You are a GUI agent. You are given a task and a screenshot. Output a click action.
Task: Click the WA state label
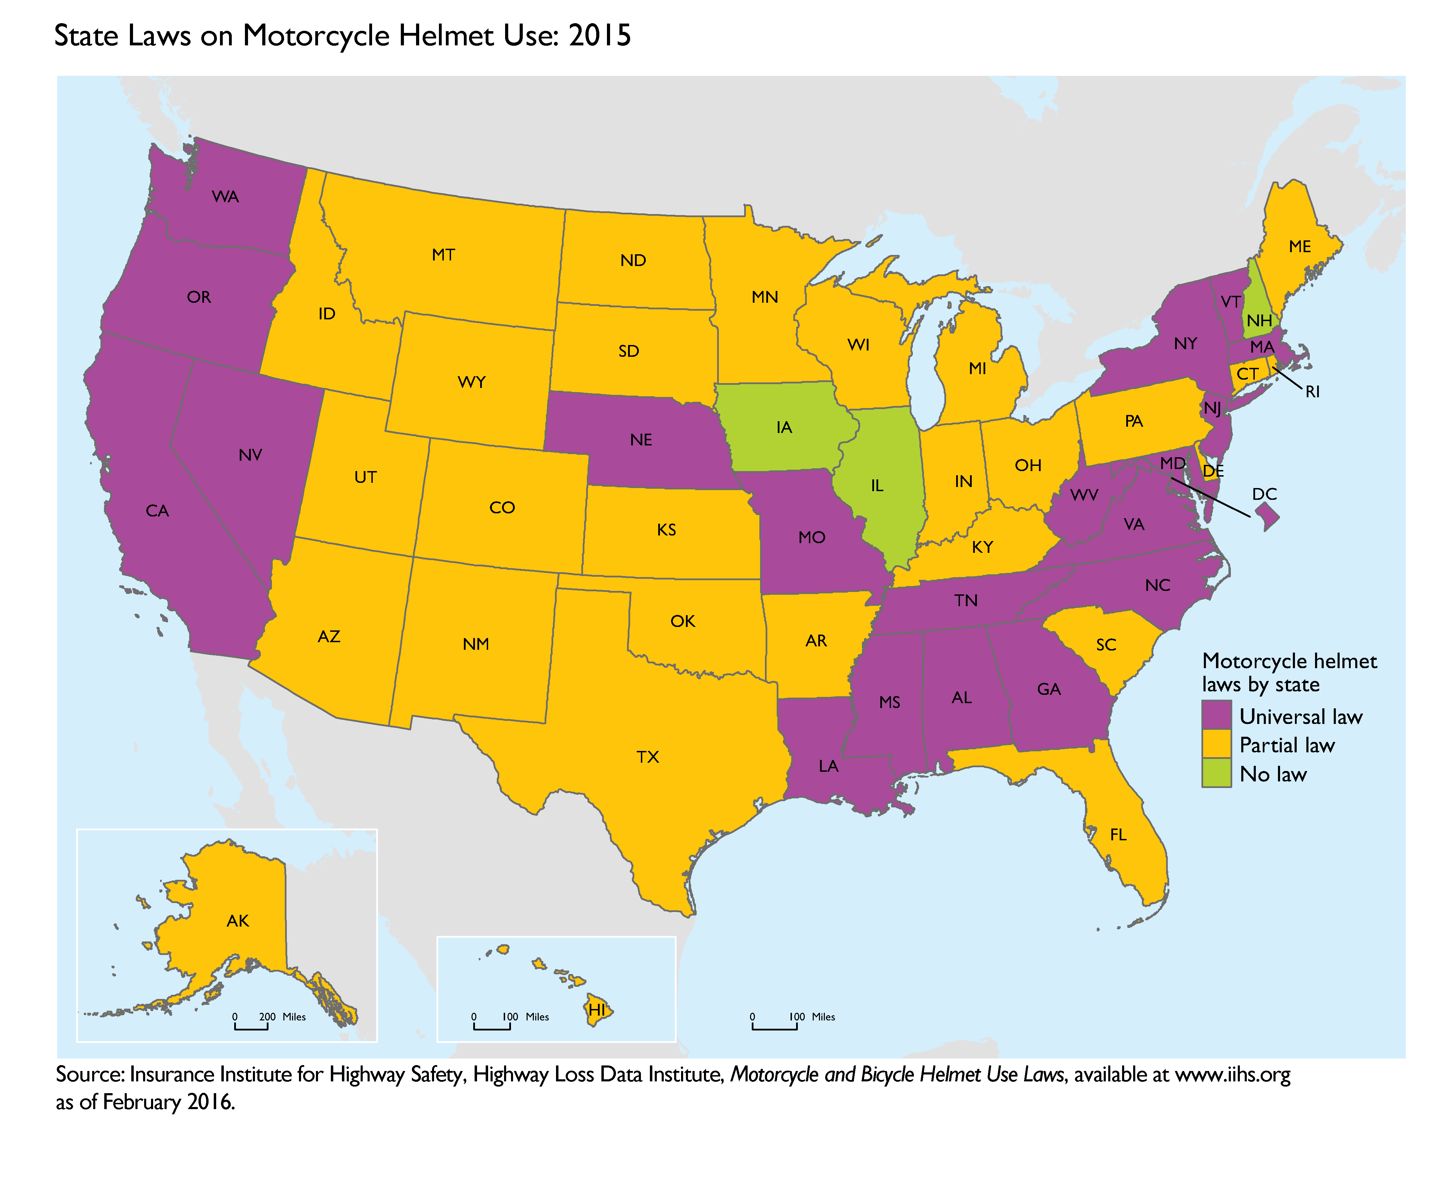point(225,197)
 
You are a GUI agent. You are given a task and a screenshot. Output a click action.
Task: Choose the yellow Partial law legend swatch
point(1216,744)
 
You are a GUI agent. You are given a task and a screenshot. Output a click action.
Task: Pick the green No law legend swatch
point(1216,773)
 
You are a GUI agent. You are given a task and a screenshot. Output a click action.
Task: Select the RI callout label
point(1313,392)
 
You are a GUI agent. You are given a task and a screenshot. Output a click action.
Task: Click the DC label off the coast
point(1264,494)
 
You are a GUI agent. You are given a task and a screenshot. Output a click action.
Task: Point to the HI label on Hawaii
point(597,1010)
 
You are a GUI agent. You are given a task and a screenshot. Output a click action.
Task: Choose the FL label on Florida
point(1118,835)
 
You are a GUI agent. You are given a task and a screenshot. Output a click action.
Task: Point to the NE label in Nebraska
point(641,440)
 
